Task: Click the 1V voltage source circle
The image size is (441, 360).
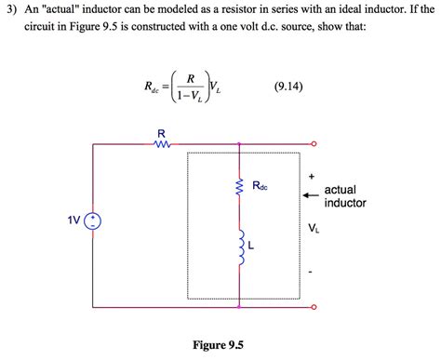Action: coord(94,220)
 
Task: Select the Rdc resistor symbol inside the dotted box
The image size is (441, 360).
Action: coord(240,190)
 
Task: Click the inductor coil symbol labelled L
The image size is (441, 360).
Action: coord(240,247)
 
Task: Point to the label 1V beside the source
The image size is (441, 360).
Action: coord(73,220)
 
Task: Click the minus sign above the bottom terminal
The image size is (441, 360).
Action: coord(312,273)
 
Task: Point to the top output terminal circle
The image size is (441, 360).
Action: coord(314,144)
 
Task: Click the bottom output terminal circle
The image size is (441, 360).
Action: coord(314,306)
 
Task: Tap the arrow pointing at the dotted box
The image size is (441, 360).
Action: coord(311,195)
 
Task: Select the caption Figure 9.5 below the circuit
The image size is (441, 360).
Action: coord(218,344)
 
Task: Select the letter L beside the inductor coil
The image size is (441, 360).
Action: coord(251,247)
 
